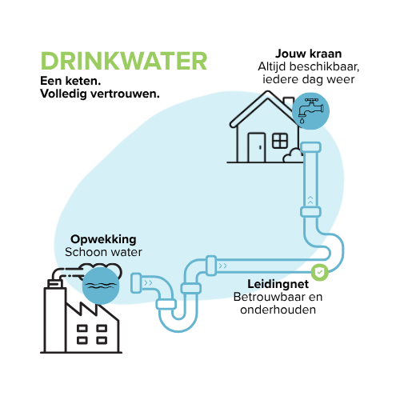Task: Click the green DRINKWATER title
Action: click(124, 61)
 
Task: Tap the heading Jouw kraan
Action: click(309, 54)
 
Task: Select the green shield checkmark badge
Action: click(320, 272)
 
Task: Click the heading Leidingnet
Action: click(278, 284)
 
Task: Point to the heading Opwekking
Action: click(103, 239)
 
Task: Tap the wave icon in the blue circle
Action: click(101, 286)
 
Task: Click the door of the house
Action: click(257, 147)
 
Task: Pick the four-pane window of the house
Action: click(280, 141)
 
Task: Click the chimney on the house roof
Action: click(289, 103)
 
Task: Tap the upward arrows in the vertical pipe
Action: click(310, 200)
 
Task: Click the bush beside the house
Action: click(293, 156)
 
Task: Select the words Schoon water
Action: click(103, 252)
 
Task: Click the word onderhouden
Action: click(278, 310)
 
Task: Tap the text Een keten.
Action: click(70, 81)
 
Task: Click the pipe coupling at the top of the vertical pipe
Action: click(310, 147)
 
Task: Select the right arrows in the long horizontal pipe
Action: click(222, 266)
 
